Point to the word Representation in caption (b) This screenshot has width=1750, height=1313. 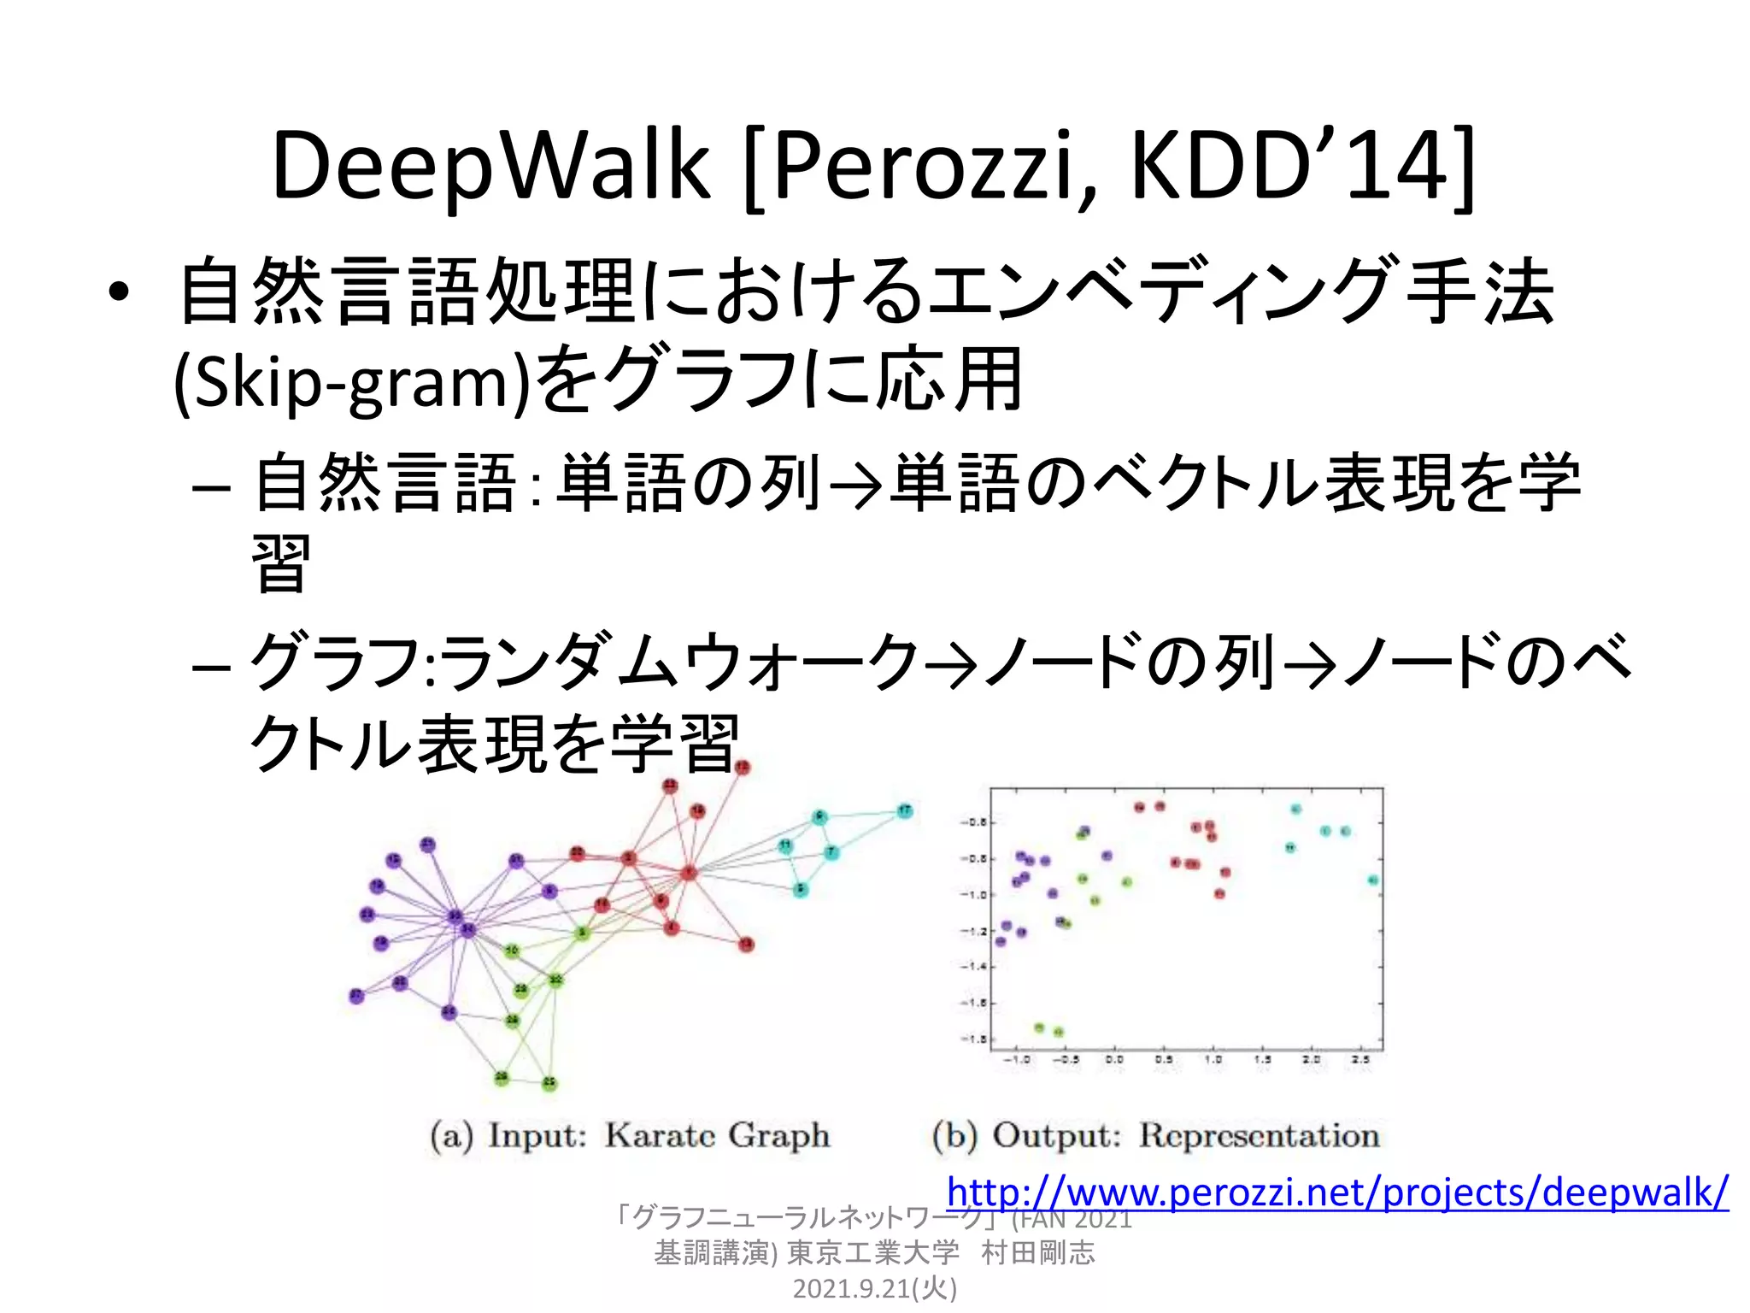(x=1260, y=1135)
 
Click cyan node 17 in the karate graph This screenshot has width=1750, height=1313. (x=904, y=810)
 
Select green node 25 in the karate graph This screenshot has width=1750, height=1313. (x=549, y=1083)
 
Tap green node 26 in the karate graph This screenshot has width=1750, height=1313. (x=502, y=1078)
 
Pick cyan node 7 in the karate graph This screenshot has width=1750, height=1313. (x=831, y=852)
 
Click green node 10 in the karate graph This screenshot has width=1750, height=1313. (x=511, y=951)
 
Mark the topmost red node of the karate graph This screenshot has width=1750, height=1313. (x=742, y=768)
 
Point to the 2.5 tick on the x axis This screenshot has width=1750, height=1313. (x=1361, y=1059)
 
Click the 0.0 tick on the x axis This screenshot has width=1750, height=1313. (x=1114, y=1059)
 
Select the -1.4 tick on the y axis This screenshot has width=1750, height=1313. (x=974, y=966)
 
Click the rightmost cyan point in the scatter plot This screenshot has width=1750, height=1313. (x=1372, y=880)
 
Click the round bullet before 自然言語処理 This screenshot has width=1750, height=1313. (x=119, y=293)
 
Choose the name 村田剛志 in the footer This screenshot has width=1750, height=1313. (x=1037, y=1252)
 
